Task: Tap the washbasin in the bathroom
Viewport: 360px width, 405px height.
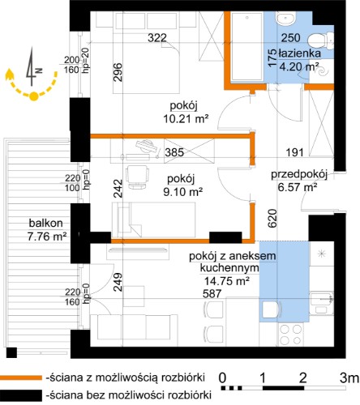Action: pos(285,18)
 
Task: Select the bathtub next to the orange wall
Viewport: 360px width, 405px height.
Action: pos(246,46)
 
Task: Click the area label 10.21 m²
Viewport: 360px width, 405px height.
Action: pos(186,118)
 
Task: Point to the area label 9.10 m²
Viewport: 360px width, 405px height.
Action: pos(183,191)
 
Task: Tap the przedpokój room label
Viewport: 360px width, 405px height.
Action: pos(299,175)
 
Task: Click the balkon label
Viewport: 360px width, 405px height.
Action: pos(46,223)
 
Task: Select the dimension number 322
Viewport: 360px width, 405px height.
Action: pos(157,37)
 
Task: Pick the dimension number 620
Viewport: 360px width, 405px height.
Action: pos(272,218)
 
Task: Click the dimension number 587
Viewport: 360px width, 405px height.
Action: pos(212,293)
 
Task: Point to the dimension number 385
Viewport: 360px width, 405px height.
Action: pos(174,152)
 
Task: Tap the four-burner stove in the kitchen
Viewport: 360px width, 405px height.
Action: pos(291,334)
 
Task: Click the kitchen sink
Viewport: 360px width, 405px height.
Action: pos(322,303)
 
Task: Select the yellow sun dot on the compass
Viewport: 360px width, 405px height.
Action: pos(33,96)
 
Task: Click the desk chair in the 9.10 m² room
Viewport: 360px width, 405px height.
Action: pos(137,177)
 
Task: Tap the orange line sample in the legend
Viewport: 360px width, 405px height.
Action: pos(21,377)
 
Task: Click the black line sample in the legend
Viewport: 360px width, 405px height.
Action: pos(21,395)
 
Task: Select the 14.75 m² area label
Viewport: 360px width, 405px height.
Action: pos(226,281)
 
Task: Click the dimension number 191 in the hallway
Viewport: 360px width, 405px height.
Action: pos(294,152)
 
